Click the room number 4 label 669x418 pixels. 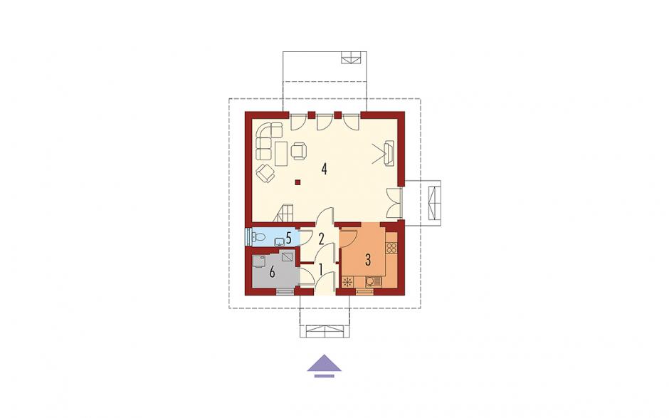325,169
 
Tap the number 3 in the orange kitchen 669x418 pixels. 368,259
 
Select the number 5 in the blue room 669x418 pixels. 289,238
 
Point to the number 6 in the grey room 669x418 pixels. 272,272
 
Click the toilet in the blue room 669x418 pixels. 258,237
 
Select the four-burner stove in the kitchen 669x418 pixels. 391,248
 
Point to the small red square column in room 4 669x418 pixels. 297,183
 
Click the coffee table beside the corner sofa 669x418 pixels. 280,154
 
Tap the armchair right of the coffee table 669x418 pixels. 299,151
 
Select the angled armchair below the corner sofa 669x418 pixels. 265,173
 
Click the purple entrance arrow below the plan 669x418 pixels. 325,363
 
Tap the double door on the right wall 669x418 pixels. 395,203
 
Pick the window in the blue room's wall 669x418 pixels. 248,236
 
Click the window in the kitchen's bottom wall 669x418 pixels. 364,292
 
